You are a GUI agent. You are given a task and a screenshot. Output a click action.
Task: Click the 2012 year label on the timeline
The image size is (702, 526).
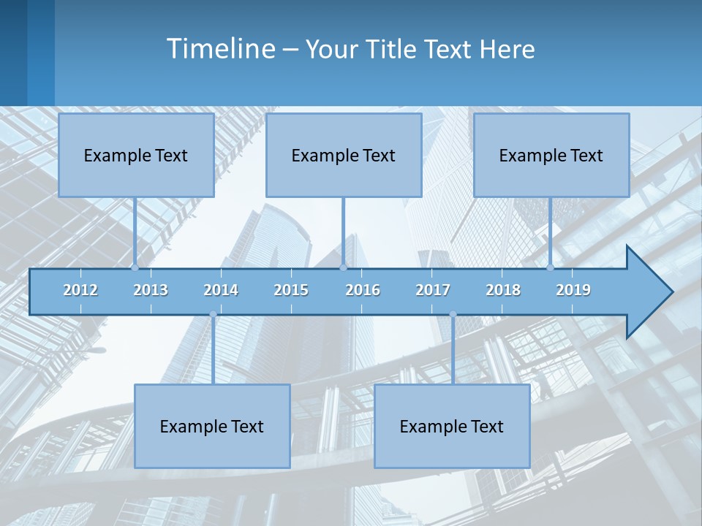pos(80,290)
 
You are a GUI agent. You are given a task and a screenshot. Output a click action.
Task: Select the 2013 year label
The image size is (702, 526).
pos(151,290)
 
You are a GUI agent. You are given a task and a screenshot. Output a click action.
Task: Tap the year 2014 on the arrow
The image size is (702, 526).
pos(221,290)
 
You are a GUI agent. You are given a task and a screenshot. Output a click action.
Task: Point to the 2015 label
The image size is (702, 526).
pos(291,290)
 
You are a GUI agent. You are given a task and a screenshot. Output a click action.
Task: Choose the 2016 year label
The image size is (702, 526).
pos(363,290)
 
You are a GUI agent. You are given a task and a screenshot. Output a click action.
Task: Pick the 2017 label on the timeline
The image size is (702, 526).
pos(433,290)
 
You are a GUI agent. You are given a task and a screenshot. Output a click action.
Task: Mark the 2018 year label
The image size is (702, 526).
pos(503,290)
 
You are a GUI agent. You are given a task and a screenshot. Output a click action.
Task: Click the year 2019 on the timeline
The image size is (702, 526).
pos(573,290)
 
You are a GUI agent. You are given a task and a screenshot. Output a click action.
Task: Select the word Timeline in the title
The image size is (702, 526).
pos(220,49)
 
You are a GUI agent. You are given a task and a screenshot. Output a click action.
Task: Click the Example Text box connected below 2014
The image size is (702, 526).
pos(212,426)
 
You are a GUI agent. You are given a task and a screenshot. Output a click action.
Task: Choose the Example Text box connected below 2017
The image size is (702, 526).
pos(452,426)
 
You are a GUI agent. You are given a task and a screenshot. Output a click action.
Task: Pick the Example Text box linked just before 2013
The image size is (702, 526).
pos(136,155)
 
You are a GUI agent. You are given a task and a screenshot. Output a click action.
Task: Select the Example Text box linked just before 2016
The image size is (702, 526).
pos(344,155)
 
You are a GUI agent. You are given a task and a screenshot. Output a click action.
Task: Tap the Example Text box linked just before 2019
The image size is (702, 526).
pos(551,155)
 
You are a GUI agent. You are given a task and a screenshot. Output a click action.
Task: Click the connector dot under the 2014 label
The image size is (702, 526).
pos(213,314)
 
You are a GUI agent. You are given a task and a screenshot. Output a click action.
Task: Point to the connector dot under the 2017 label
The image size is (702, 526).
pos(453,314)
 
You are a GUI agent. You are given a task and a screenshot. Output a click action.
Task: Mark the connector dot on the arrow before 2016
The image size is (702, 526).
pos(343,267)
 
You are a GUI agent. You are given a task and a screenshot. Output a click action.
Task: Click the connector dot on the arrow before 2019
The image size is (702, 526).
pos(551,267)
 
